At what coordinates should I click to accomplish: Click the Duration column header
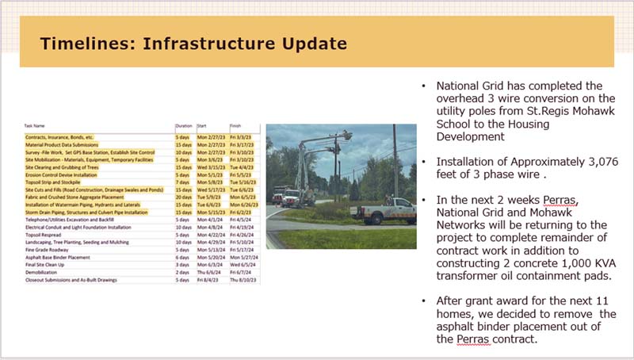[x=184, y=125]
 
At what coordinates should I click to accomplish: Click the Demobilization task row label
[x=44, y=272]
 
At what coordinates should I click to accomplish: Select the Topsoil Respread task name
[x=47, y=235]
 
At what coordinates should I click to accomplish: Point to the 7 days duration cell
[x=181, y=182]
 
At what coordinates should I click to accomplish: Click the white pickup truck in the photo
[x=384, y=211]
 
